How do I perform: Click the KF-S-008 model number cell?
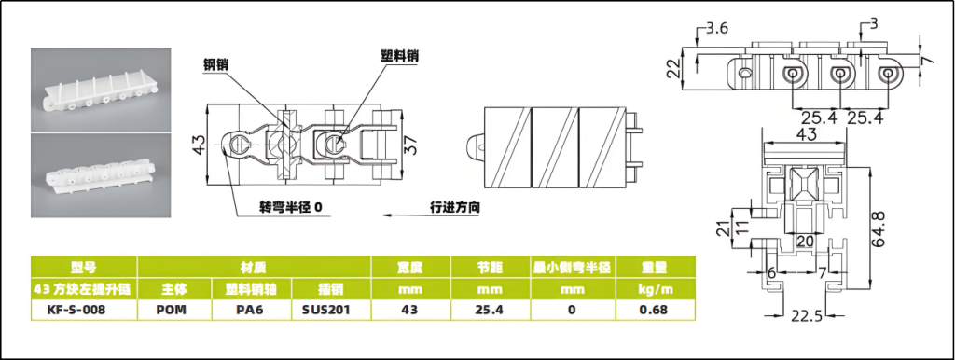[76, 310]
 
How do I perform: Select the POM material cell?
[172, 310]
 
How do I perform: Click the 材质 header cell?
[253, 267]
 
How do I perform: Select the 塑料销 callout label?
[399, 55]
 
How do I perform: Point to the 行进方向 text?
[455, 207]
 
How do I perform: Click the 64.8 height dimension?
[879, 228]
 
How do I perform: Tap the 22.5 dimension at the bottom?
[807, 316]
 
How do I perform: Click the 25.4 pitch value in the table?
[490, 310]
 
